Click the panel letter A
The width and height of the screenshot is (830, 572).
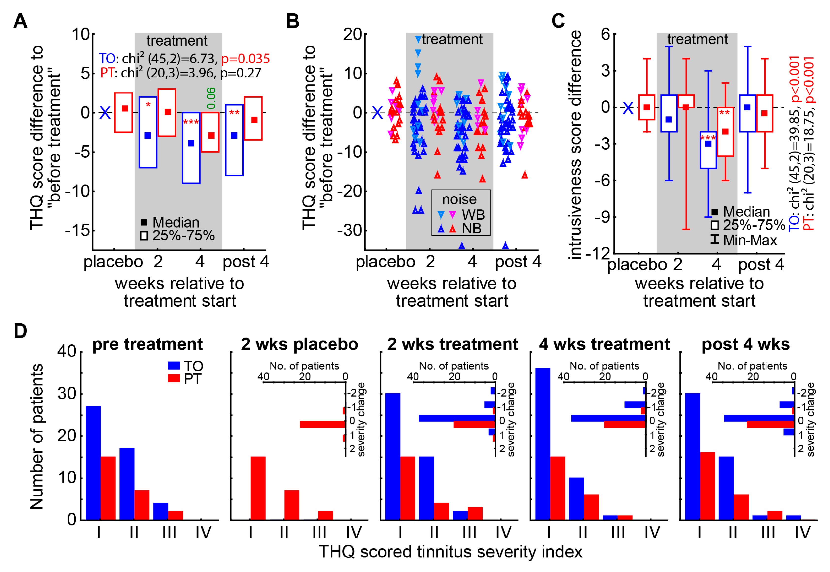[20, 21]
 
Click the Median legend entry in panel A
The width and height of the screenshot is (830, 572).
[171, 223]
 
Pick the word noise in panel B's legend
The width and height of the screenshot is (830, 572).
[459, 199]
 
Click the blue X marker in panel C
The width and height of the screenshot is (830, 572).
[628, 108]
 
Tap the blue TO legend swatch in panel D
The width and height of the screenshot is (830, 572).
[174, 366]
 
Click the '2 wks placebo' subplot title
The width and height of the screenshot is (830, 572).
[299, 344]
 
